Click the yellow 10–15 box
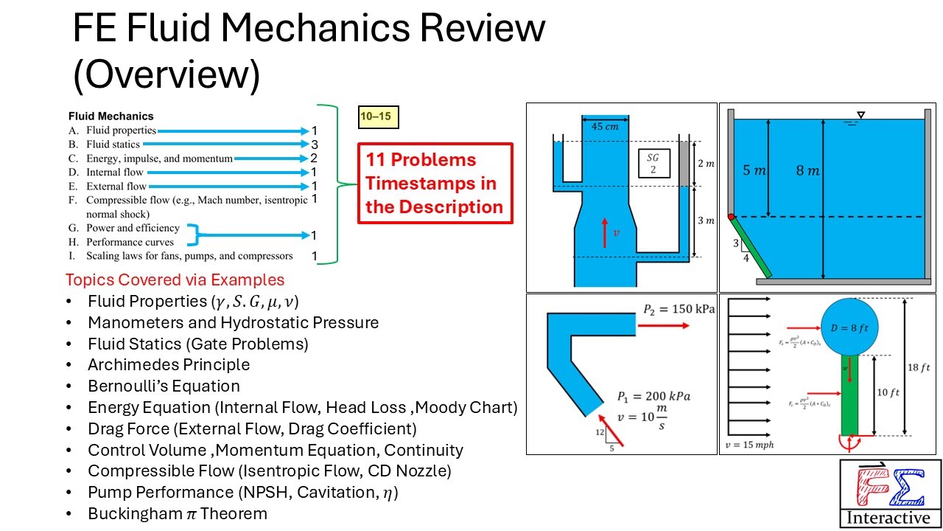pos(378,117)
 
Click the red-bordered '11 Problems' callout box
pos(435,184)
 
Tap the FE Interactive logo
pos(891,493)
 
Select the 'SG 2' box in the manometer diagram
pos(653,162)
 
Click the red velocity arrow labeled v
pos(606,232)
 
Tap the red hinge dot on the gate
pos(731,217)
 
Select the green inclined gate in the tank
pos(751,248)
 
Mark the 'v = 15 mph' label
pos(749,445)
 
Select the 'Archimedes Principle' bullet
pos(169,364)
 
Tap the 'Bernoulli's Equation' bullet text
pos(164,386)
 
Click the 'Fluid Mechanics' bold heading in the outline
pos(111,116)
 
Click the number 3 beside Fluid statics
pos(314,145)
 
